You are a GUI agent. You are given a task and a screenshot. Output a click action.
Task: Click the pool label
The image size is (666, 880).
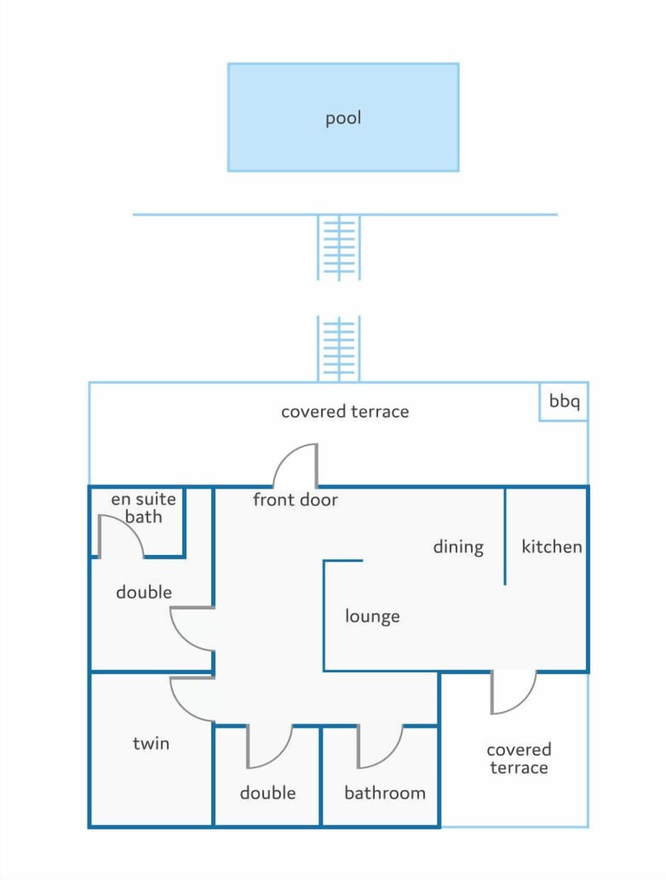[x=343, y=119]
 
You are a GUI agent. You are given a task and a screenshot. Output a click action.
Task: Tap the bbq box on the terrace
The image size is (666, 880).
[x=563, y=402]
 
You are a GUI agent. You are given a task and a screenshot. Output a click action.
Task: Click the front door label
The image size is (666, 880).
[x=295, y=499]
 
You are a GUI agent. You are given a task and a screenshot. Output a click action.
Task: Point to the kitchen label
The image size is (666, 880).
[x=552, y=546]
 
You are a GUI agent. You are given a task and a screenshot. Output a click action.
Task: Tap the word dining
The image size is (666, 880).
[x=459, y=547]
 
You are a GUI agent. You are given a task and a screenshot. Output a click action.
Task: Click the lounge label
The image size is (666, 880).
[x=373, y=616]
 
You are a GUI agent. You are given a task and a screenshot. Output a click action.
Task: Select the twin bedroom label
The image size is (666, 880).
[x=151, y=743]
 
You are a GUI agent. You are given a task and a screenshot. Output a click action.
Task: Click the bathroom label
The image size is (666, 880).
[x=385, y=793]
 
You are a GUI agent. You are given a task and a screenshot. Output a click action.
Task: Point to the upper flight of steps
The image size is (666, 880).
[x=339, y=248]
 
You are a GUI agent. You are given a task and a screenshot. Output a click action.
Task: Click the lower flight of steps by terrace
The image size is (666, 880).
[x=339, y=348]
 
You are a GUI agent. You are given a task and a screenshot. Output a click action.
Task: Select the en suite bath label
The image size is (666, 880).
[x=144, y=508]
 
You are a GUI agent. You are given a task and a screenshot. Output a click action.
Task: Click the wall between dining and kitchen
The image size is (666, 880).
[x=504, y=536]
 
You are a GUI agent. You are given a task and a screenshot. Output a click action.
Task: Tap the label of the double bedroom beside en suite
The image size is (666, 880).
[x=144, y=592]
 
